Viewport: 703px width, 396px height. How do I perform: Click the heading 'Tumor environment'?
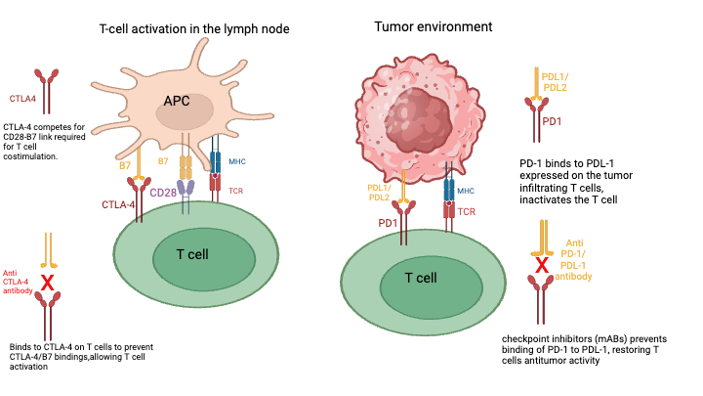pyautogui.click(x=434, y=25)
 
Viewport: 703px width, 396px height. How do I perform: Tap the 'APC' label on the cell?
pyautogui.click(x=177, y=101)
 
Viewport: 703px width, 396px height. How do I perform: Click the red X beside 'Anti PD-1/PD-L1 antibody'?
pyautogui.click(x=536, y=265)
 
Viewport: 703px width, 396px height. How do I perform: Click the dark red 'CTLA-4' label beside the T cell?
pyautogui.click(x=120, y=204)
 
